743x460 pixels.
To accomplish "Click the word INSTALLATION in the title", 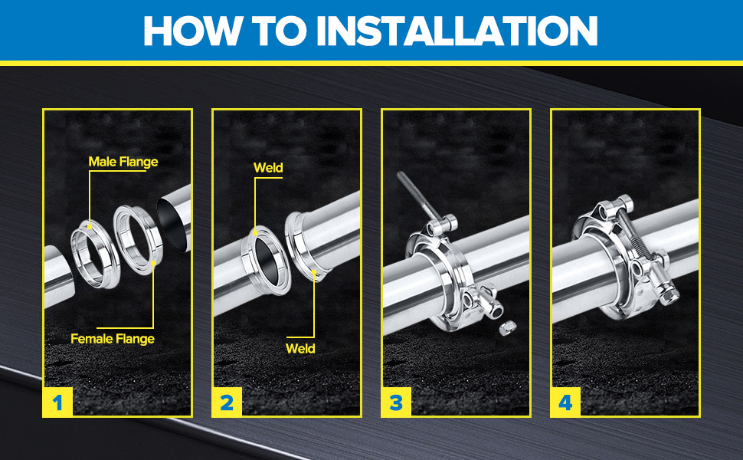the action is tap(457, 31).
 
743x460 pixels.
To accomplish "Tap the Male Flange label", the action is tap(123, 162).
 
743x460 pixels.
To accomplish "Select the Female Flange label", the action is tap(113, 339).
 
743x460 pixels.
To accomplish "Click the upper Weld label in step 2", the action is tap(268, 167).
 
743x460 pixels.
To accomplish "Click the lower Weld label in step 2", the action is tap(300, 349).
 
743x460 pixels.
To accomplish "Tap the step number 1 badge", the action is tap(57, 402).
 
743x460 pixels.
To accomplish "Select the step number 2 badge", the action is tap(227, 402).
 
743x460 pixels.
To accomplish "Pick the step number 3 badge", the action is tap(396, 402).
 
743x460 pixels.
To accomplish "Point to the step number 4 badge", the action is tap(565, 402).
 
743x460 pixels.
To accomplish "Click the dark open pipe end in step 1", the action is tap(172, 224).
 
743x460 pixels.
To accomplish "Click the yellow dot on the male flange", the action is tap(89, 227).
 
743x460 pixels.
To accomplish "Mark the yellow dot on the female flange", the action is tap(153, 262).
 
